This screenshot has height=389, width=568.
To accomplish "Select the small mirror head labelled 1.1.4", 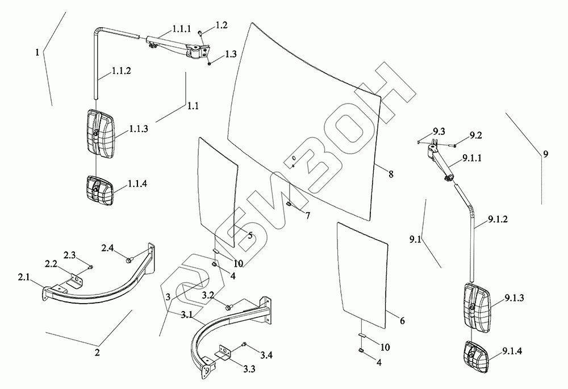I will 99,188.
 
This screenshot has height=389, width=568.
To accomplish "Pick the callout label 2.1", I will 24,278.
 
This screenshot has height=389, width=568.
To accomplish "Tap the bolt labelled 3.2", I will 228,307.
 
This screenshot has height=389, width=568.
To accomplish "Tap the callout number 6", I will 402,321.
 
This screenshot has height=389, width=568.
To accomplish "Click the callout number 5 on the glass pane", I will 249,235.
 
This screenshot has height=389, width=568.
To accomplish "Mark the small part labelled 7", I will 289,204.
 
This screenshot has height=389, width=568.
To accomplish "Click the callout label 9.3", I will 438,132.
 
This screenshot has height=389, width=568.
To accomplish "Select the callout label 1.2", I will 221,26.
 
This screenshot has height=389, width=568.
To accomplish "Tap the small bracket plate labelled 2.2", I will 74,282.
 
